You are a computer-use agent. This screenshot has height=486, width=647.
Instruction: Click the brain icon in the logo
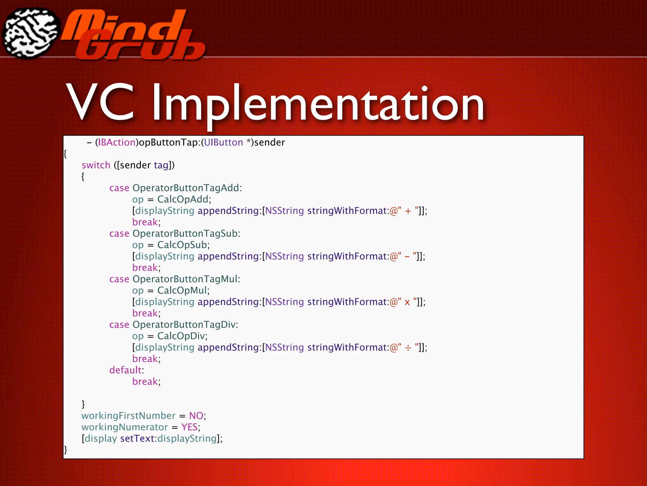click(x=31, y=33)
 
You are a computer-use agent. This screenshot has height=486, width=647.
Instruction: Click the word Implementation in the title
click(x=318, y=103)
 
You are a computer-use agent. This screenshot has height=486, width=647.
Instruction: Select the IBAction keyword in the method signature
click(x=117, y=142)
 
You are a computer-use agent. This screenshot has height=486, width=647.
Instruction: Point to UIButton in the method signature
click(x=223, y=142)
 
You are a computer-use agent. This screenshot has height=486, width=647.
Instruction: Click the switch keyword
click(x=96, y=165)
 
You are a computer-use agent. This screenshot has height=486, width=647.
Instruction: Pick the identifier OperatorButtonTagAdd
click(x=186, y=188)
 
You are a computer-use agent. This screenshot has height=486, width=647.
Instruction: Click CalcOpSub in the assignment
click(x=182, y=245)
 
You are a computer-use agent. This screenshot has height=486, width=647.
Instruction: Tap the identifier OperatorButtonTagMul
click(x=185, y=279)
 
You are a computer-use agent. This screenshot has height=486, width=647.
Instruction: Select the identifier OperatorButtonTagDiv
click(x=184, y=325)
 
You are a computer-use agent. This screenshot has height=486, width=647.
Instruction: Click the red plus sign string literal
click(x=408, y=211)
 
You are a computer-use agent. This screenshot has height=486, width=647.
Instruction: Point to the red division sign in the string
click(x=408, y=348)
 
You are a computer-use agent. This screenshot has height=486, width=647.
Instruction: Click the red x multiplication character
click(x=407, y=302)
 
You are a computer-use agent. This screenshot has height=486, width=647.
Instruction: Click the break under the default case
click(x=145, y=382)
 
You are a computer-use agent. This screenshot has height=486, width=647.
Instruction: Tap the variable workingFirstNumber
click(x=128, y=416)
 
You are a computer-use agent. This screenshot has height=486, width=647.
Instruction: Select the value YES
click(x=189, y=427)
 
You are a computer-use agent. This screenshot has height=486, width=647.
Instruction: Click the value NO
click(x=196, y=416)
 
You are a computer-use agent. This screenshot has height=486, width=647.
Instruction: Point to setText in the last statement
click(x=137, y=439)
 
